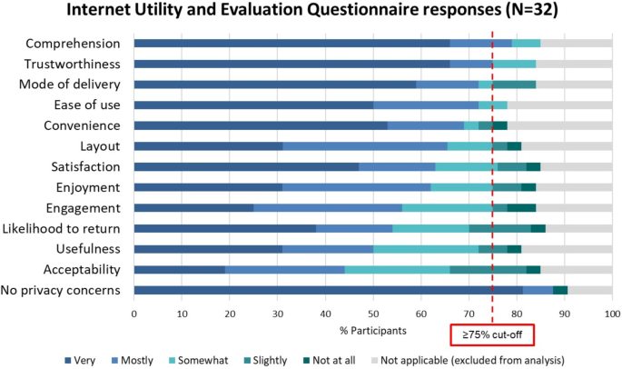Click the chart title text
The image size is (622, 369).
311,13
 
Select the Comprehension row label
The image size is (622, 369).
73,44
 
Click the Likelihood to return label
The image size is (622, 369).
66,229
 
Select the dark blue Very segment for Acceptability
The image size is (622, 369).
179,270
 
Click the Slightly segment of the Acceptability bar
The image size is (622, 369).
488,270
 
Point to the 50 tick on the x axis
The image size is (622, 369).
373,314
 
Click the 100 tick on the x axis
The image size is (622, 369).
611,314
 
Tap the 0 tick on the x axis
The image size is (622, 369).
134,314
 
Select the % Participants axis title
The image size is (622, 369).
373,329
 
